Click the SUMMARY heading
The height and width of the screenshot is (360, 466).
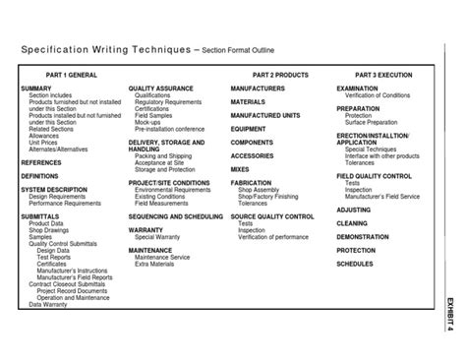click(x=37, y=89)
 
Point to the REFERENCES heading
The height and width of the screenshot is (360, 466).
click(x=41, y=161)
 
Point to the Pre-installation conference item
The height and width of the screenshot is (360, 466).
click(x=171, y=129)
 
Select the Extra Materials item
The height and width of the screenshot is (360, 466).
click(x=157, y=265)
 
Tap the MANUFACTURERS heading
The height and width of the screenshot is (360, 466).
click(x=258, y=89)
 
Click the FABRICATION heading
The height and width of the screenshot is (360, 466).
click(x=252, y=182)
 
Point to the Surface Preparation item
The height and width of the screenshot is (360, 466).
click(x=373, y=122)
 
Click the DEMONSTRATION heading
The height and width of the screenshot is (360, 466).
click(x=363, y=237)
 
